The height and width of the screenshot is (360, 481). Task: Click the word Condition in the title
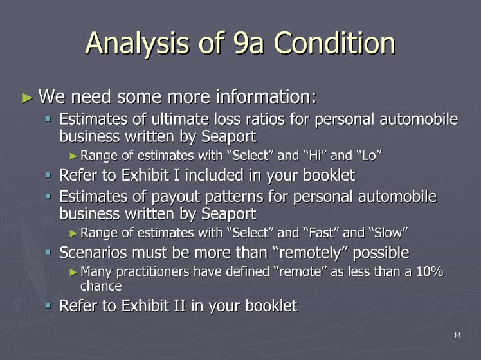334,43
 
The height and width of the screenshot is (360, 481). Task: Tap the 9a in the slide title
248,43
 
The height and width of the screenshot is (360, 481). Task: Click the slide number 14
457,335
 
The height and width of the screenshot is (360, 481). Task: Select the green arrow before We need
27,98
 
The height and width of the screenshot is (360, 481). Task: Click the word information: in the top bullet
266,96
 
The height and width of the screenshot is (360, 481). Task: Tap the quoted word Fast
320,233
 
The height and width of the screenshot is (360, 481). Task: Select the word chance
101,286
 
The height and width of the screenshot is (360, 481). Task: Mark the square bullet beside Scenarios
48,253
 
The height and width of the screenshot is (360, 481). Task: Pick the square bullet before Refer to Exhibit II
48,306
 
